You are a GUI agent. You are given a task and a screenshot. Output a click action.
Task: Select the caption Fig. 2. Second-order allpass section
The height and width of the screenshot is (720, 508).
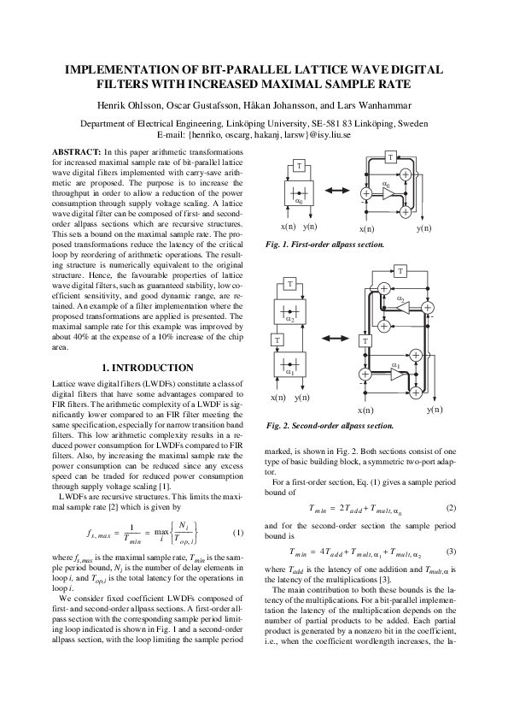pyautogui.click(x=330, y=424)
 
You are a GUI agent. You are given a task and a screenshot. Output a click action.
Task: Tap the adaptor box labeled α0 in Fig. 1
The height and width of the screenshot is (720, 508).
pyautogui.click(x=299, y=195)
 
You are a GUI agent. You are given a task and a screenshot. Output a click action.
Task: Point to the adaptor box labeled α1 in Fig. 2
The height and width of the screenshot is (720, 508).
pyautogui.click(x=291, y=366)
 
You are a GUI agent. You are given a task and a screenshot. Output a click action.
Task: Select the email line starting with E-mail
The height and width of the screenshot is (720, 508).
pyautogui.click(x=254, y=135)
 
